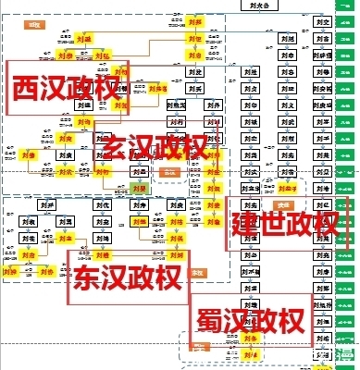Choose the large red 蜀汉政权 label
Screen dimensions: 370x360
(250, 321)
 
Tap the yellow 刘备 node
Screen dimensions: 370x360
(248, 339)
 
